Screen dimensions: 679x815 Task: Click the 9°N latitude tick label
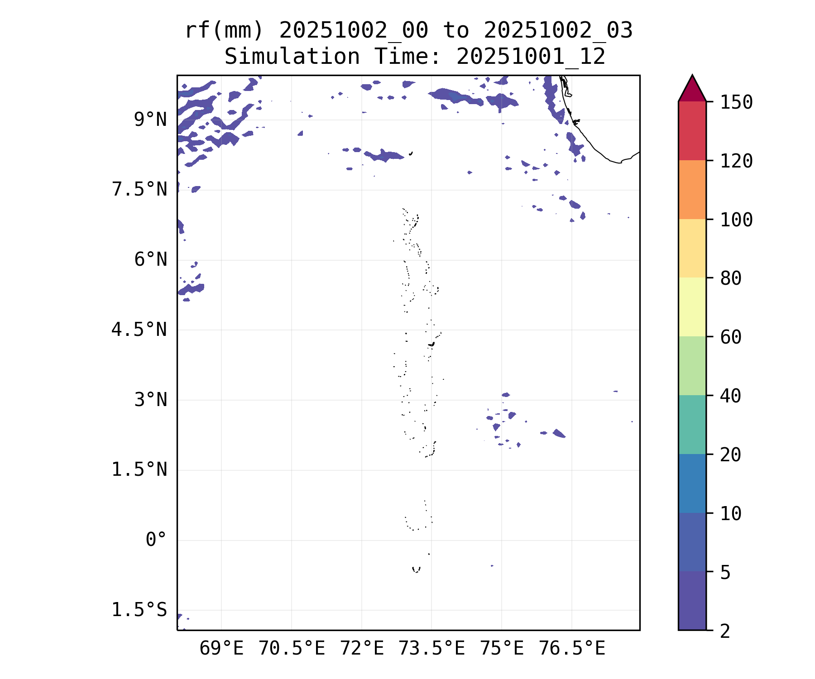click(150, 120)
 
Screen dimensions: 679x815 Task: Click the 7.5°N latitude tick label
click(139, 190)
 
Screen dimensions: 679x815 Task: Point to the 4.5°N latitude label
click(139, 330)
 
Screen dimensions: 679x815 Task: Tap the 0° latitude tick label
click(156, 540)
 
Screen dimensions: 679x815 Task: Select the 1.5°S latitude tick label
click(139, 610)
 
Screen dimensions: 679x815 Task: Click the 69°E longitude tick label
click(221, 649)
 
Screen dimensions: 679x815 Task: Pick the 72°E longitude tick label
click(361, 649)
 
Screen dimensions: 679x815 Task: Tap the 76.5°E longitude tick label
click(571, 649)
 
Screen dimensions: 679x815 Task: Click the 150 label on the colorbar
click(736, 102)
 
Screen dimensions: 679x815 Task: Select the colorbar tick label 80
click(731, 278)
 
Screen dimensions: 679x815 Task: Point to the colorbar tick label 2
click(725, 631)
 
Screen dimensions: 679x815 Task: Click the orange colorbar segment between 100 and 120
click(692, 190)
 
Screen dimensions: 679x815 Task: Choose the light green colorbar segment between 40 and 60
click(692, 366)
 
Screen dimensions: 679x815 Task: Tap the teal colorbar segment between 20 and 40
click(692, 424)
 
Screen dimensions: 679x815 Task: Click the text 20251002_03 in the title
click(558, 31)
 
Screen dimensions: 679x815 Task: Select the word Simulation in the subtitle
click(292, 57)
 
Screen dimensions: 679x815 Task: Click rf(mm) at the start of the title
click(224, 31)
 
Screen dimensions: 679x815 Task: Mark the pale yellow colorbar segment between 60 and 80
click(692, 307)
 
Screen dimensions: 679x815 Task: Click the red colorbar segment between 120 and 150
click(692, 131)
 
